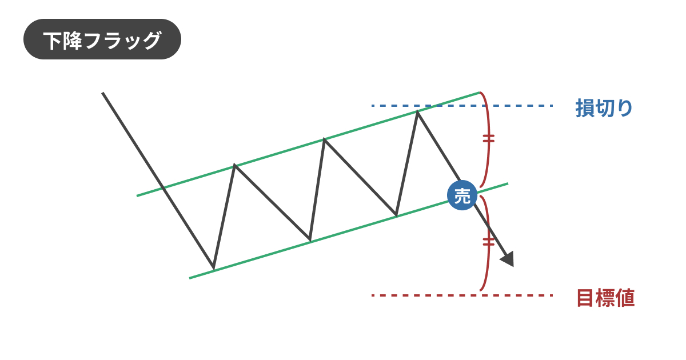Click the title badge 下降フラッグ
point(102,39)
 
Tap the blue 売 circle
point(462,195)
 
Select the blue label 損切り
point(604,108)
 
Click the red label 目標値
point(605,298)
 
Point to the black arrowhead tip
point(513,266)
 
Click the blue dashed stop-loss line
point(462,106)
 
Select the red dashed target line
point(462,295)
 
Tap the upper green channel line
point(308,144)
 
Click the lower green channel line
point(349,231)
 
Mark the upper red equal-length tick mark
point(488,138)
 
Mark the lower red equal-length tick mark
point(488,242)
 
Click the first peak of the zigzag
point(234,165)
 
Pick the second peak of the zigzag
point(324,139)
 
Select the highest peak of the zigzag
point(417,112)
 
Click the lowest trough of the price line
point(213,269)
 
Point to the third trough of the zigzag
point(396,215)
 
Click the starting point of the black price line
point(102,93)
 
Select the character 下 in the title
point(53,40)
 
